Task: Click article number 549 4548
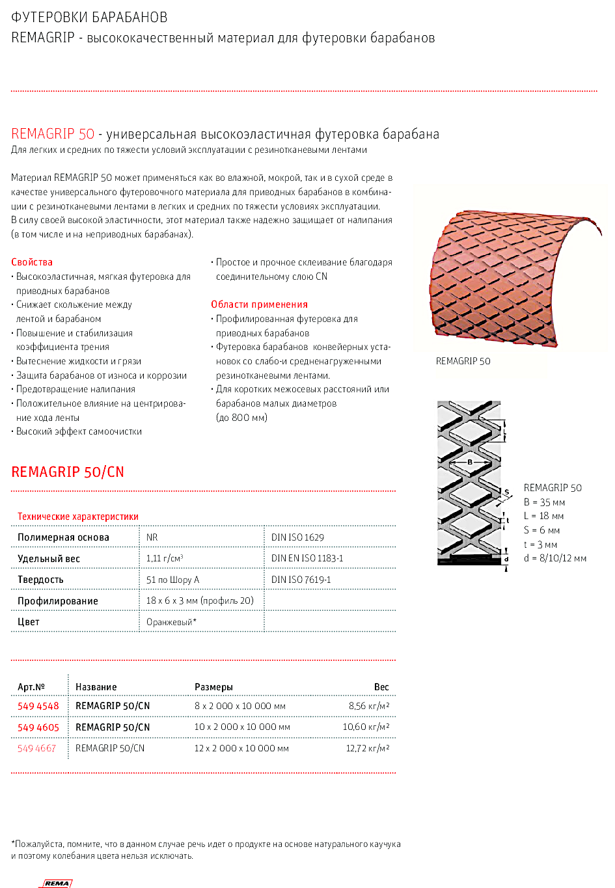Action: click(38, 706)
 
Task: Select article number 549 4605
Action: click(38, 727)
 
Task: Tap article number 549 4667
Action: click(37, 748)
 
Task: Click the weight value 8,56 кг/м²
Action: click(369, 706)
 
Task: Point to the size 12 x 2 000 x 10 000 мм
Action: click(241, 748)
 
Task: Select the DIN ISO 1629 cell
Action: click(297, 537)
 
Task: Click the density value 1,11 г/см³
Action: click(165, 558)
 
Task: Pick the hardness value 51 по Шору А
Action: click(172, 580)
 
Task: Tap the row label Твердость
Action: click(40, 580)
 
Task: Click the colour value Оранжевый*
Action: click(171, 622)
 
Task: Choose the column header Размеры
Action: click(213, 687)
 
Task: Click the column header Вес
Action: click(381, 687)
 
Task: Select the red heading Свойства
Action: click(32, 262)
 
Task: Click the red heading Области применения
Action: click(259, 304)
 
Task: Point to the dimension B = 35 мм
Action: click(544, 502)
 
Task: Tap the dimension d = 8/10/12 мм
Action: click(555, 558)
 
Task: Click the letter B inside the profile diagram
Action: click(470, 462)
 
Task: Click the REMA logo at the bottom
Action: click(57, 883)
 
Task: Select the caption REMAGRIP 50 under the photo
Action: click(463, 361)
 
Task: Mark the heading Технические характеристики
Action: click(78, 517)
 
